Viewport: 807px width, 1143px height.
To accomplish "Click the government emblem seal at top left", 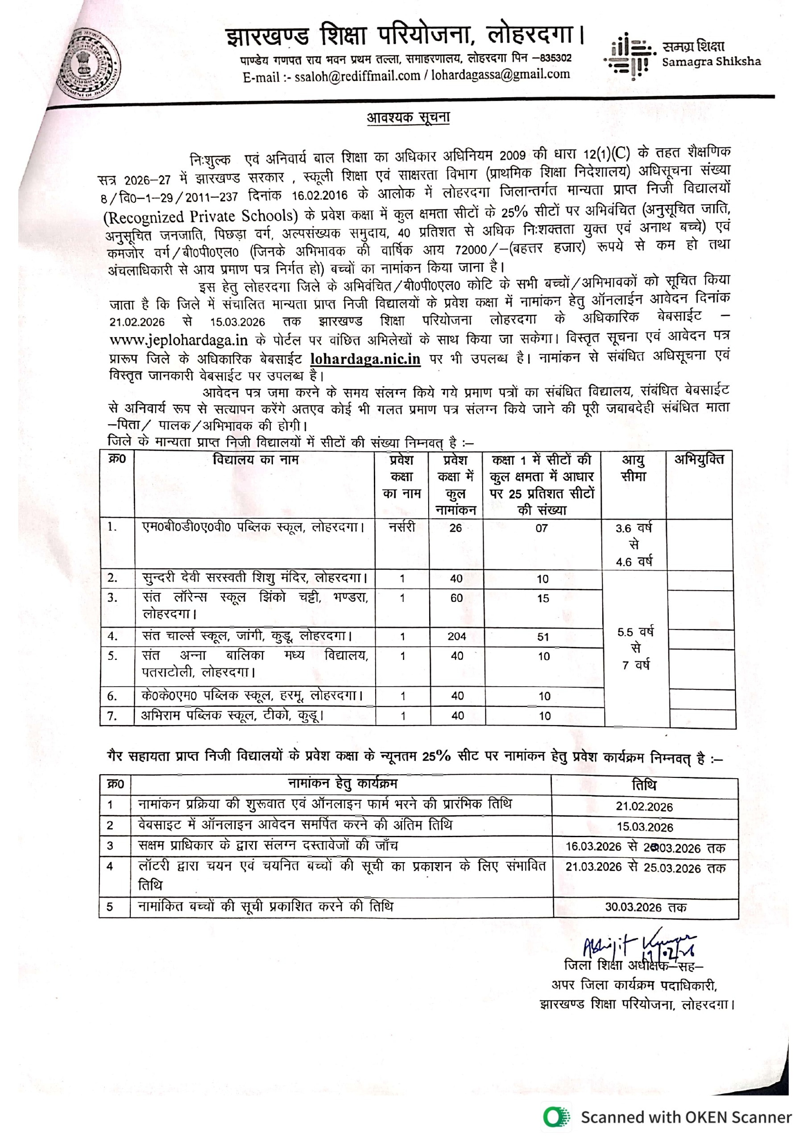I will (90, 64).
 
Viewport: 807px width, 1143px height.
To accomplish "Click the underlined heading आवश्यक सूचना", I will (408, 118).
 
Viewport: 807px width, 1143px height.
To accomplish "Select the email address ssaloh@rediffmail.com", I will (357, 76).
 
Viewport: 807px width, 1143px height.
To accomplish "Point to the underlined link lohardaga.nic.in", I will (365, 359).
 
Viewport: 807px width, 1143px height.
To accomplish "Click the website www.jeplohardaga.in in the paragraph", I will (178, 341).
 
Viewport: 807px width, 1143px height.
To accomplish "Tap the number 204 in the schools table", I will (456, 636).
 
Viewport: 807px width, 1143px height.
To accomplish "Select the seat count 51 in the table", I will (543, 637).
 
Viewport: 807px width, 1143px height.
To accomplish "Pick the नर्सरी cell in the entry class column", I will (402, 527).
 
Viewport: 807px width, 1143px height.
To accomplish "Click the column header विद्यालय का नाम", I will (255, 460).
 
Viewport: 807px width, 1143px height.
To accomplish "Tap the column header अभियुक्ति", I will (699, 460).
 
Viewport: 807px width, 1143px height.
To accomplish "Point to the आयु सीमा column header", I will (633, 468).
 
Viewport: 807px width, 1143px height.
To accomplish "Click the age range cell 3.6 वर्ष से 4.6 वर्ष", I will (634, 545).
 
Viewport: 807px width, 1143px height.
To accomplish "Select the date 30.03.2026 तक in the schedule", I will (646, 907).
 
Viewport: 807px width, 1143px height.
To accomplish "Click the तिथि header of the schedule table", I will (644, 785).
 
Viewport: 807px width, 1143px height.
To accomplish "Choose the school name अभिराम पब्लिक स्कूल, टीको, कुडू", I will (232, 716).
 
